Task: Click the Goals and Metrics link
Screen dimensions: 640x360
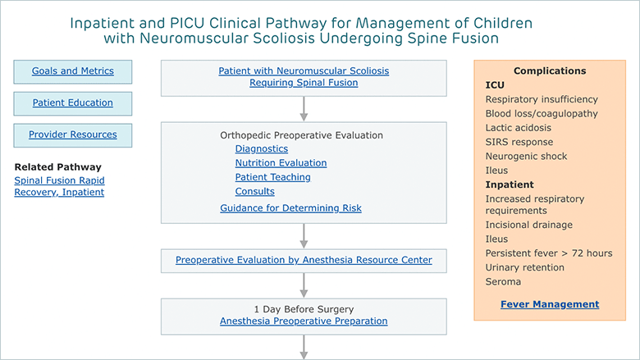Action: pos(73,71)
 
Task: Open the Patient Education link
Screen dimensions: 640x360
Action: pos(73,103)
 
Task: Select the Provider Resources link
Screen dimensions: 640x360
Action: pos(73,134)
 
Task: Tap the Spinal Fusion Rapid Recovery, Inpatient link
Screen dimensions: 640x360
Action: pos(59,186)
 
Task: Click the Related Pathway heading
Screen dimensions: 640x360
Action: pos(58,167)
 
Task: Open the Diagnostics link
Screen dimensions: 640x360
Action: pos(262,148)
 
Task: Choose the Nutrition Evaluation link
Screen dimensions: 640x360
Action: pos(281,163)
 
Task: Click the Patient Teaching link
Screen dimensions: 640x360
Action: pos(272,177)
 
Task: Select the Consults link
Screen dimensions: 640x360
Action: pos(254,191)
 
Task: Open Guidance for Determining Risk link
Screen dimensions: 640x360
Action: pos(290,208)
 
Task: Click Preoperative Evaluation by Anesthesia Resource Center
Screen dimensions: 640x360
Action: pos(304,260)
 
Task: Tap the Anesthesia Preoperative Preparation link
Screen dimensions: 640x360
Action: pos(304,321)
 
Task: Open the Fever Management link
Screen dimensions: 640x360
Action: pos(550,304)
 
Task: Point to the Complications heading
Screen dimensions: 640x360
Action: pos(550,71)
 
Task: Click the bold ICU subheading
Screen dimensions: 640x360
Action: pos(495,85)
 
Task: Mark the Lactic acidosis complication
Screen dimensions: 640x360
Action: pos(518,128)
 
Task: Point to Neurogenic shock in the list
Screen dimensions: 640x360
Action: pos(526,157)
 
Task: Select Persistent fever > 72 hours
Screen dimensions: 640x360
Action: pos(549,253)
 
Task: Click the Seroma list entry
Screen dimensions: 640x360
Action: pos(503,282)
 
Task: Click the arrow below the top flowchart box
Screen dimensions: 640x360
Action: pos(304,109)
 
